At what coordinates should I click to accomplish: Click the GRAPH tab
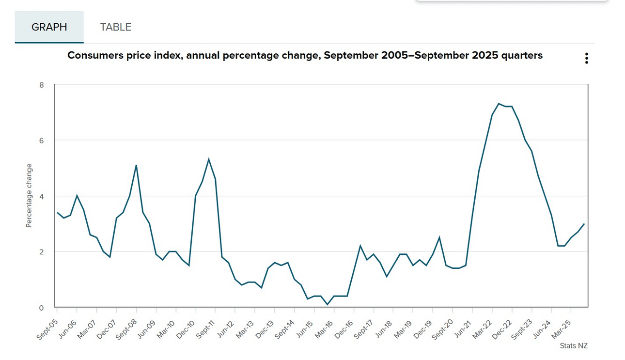tap(49, 27)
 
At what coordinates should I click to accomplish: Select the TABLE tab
tap(116, 27)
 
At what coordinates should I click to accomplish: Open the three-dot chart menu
tap(587, 59)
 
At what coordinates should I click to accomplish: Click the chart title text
tap(305, 55)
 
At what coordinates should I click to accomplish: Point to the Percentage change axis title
tap(29, 196)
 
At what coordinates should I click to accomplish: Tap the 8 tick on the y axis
tap(42, 85)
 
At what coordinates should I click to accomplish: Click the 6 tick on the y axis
tap(42, 141)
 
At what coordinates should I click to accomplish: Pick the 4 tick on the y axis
tap(42, 196)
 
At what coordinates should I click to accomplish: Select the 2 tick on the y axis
tap(42, 252)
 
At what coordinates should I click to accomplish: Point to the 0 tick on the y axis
tap(42, 308)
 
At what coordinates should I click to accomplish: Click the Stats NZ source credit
tap(574, 346)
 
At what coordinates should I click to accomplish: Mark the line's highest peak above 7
tap(499, 104)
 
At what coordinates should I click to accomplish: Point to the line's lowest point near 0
tap(328, 305)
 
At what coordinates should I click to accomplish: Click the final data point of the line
tap(584, 224)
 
